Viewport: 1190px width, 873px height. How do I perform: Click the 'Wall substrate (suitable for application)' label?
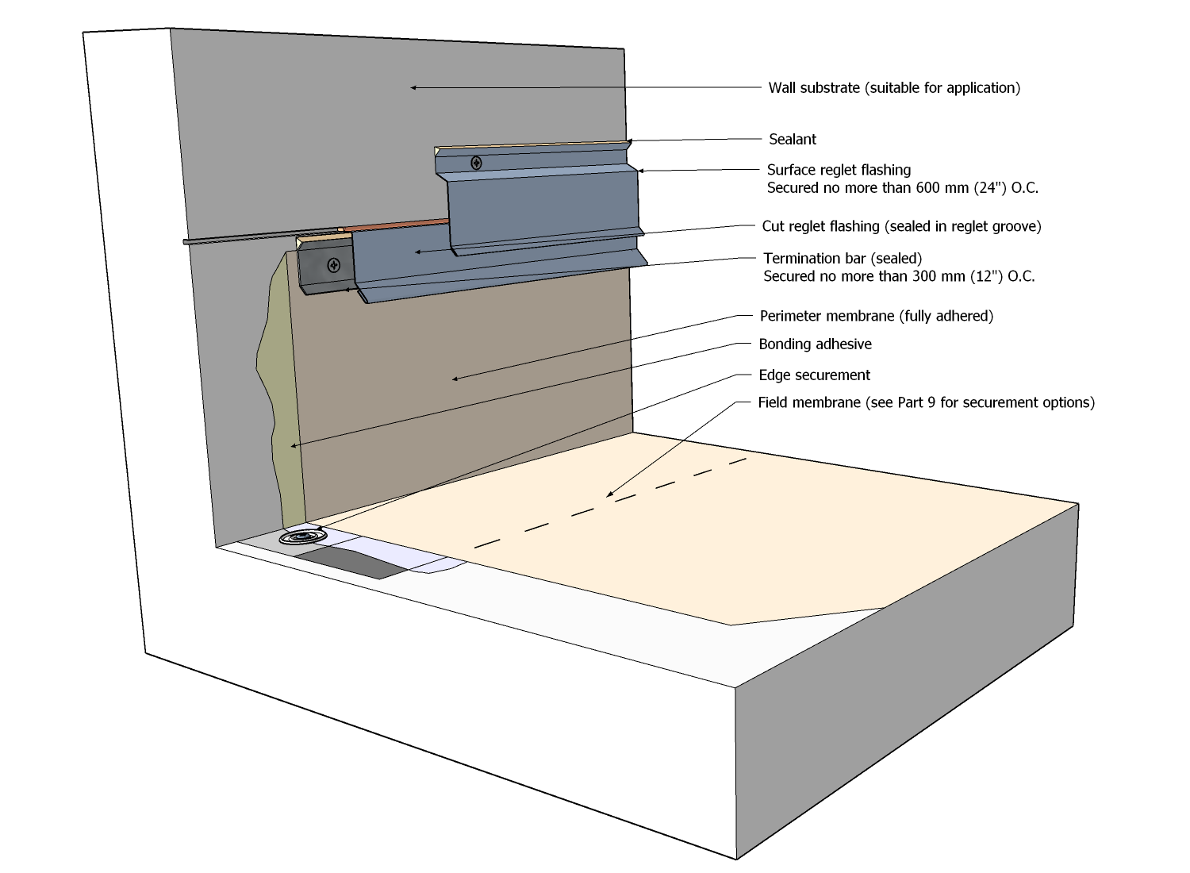coord(894,88)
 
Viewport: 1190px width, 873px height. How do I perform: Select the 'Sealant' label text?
coord(793,140)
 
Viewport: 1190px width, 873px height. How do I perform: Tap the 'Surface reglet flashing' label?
coord(839,170)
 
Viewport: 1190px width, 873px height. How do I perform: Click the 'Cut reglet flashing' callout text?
coord(901,226)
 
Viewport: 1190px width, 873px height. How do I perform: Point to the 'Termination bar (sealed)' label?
coord(843,259)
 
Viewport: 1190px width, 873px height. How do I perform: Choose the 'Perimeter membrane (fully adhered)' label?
coord(876,316)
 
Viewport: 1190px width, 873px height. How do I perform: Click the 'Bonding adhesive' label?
coord(815,344)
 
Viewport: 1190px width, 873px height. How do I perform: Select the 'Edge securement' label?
coord(814,375)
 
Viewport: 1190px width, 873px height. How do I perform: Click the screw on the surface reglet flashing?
coord(476,163)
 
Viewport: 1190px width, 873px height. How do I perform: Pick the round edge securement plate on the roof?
coord(303,538)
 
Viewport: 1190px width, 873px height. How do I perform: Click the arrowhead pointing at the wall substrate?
coord(413,87)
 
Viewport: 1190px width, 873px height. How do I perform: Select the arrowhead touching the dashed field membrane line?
coord(609,495)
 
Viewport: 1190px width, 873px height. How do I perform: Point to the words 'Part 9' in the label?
coord(916,402)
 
